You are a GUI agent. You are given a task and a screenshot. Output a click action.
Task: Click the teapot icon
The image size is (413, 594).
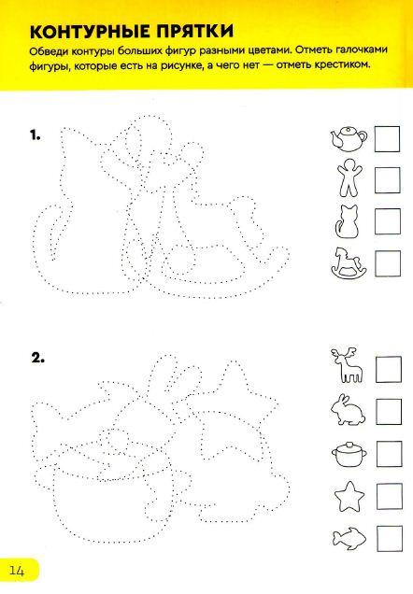[349, 138]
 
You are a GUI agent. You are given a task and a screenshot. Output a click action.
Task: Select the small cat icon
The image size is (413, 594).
[348, 222]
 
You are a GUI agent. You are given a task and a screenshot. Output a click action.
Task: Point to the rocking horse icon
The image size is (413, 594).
[349, 263]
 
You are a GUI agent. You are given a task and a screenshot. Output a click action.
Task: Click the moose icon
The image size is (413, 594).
[348, 366]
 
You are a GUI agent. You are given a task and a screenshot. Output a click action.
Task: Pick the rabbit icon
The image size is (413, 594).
[349, 409]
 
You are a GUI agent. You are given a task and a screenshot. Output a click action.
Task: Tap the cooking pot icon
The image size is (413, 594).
[349, 454]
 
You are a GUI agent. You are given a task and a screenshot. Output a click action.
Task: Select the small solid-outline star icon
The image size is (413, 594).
[349, 497]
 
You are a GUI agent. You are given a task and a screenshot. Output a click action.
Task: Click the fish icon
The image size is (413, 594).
[349, 538]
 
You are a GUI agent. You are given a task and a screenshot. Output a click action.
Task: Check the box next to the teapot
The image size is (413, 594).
[387, 139]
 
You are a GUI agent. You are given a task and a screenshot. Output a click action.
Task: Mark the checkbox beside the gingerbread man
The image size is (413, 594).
[387, 180]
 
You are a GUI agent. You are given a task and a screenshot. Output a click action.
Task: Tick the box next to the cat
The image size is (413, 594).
[388, 221]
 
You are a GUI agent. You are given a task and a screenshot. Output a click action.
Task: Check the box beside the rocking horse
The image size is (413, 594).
[388, 263]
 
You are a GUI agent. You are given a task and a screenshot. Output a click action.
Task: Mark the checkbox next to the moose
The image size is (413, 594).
[389, 369]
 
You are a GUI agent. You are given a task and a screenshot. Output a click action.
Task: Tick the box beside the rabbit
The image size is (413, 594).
[389, 411]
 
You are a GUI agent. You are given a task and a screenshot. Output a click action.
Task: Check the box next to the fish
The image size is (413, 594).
[390, 539]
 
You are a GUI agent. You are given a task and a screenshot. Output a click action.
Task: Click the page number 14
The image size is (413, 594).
[17, 571]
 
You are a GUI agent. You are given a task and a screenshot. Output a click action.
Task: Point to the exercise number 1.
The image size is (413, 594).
[36, 135]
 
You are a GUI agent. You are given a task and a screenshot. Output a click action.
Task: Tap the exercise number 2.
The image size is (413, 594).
[38, 358]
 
